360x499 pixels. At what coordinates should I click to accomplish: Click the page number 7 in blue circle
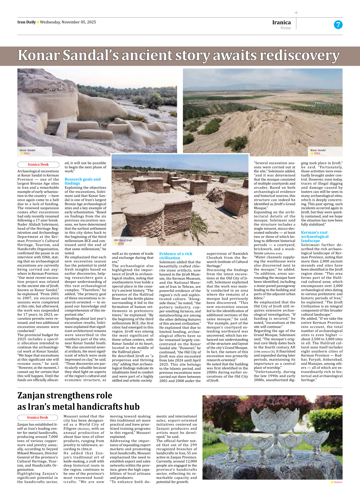coord(338,25)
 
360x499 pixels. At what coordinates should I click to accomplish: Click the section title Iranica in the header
coord(281,22)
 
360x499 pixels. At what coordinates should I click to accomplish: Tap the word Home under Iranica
coord(285,28)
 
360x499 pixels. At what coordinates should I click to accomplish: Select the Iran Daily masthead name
coord(26,22)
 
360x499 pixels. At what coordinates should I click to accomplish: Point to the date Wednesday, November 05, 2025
coord(68,22)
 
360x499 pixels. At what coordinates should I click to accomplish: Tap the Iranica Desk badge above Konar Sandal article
coord(38,165)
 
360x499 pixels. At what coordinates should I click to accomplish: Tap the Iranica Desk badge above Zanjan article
coord(38,418)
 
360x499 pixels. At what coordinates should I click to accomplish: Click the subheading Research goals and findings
coord(82,181)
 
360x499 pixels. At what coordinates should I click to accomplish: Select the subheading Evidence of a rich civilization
coord(176,256)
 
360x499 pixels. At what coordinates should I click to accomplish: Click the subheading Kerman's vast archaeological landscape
coord(314,236)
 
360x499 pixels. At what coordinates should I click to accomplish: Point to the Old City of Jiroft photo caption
coord(123,240)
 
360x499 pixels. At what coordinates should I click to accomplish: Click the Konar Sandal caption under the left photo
coord(28,150)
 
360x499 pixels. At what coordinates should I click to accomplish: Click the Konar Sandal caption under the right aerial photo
coord(318,150)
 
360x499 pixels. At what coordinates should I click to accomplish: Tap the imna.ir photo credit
coord(338,482)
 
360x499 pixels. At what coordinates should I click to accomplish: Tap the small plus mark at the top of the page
coord(296,13)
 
